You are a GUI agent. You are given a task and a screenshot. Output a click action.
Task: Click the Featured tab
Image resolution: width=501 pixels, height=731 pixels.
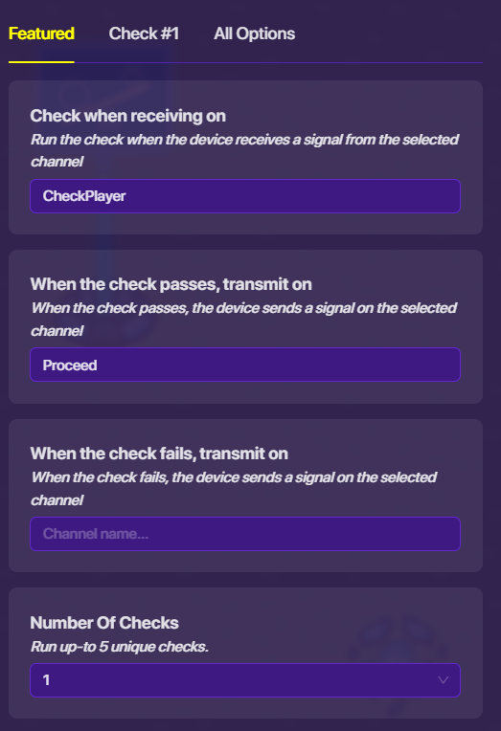click(41, 33)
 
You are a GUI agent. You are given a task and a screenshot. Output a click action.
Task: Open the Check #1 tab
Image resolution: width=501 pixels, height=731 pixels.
click(144, 33)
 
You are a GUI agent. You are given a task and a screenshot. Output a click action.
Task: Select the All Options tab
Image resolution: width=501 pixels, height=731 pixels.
click(255, 33)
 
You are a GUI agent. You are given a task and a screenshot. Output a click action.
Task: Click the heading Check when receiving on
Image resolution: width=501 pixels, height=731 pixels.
click(128, 116)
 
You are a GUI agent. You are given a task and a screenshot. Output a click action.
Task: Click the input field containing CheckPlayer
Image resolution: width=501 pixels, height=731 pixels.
click(245, 196)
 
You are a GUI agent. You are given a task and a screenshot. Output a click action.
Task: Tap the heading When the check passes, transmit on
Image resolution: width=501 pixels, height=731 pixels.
click(171, 284)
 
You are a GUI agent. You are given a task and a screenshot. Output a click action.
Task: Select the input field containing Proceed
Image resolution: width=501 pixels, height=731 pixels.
click(245, 365)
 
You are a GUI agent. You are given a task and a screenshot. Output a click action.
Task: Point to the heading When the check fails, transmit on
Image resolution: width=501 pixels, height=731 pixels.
click(159, 454)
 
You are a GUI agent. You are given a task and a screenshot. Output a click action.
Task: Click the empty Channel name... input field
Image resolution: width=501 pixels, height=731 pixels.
click(245, 534)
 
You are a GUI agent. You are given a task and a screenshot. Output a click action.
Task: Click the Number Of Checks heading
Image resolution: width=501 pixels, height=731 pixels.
click(104, 623)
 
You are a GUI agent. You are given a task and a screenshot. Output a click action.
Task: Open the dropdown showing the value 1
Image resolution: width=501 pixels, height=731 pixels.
click(245, 680)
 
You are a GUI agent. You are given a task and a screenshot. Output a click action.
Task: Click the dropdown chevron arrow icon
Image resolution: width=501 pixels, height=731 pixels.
click(444, 680)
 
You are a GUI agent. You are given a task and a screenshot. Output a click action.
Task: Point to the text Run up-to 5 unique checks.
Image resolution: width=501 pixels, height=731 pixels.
click(120, 647)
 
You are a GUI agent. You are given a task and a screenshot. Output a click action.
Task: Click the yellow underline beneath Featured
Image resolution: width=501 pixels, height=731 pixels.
click(41, 62)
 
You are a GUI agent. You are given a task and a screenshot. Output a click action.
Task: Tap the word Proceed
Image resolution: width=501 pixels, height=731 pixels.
click(70, 365)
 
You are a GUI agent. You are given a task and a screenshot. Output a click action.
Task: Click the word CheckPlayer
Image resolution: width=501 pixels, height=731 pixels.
click(84, 196)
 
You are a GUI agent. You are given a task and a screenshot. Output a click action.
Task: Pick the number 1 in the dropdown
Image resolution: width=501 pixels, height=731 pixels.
click(46, 680)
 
